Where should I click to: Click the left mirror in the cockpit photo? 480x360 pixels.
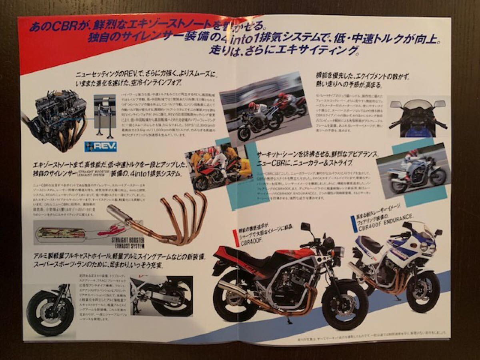[x=396, y=104]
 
